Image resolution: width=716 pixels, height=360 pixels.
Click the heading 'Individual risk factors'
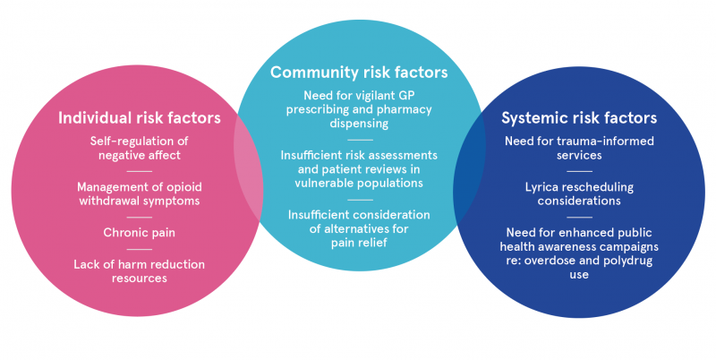(x=140, y=118)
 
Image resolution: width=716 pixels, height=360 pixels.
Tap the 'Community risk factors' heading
(x=359, y=73)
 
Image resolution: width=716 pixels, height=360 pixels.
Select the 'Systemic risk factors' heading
(x=579, y=118)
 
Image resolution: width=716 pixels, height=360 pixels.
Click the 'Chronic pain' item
(x=140, y=233)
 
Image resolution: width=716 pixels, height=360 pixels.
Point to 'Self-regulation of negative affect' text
(x=140, y=148)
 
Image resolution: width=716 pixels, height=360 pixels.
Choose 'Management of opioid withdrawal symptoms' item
(x=140, y=193)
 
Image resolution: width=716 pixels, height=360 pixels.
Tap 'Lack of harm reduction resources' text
(x=140, y=271)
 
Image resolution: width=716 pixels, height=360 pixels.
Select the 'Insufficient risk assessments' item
(x=359, y=169)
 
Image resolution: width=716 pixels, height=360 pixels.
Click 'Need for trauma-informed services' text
(x=579, y=148)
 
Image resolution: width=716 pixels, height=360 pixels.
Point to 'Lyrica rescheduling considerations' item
(x=579, y=193)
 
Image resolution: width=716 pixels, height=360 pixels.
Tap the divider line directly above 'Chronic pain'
(x=140, y=217)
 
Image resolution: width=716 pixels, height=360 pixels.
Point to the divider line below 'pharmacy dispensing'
(x=360, y=140)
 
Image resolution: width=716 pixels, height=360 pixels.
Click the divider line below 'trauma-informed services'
(x=579, y=171)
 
